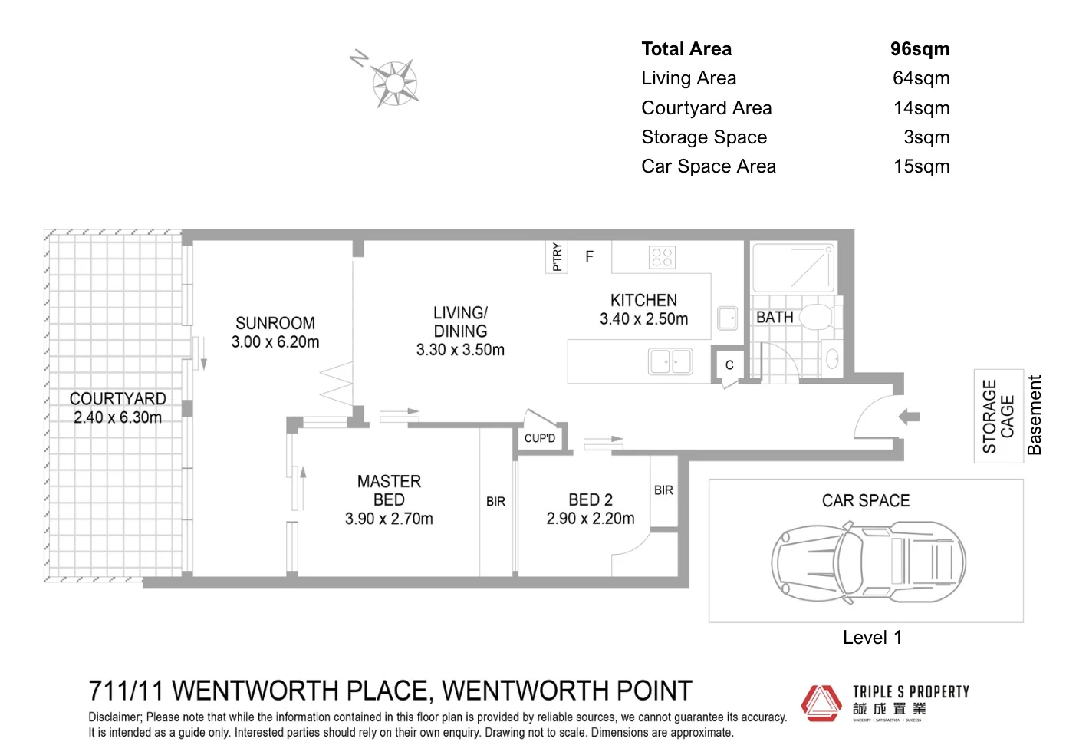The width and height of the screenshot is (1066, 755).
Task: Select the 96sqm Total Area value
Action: point(920,49)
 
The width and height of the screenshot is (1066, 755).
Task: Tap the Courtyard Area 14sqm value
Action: point(921,108)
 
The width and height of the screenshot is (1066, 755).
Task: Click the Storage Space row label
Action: point(704,137)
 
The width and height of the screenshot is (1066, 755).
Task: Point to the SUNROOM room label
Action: point(275,323)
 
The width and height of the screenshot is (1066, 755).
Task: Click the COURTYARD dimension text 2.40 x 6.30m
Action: point(117,417)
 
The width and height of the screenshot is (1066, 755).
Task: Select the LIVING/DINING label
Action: point(460,322)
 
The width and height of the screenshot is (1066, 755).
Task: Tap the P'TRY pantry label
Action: point(557,257)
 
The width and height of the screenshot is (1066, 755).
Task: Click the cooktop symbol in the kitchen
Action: point(661,257)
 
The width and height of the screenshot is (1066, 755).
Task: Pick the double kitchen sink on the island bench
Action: point(670,361)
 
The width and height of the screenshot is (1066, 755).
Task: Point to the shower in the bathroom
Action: point(792,267)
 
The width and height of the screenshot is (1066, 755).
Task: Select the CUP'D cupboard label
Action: point(540,438)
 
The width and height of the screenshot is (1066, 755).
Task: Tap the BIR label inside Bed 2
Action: point(663,490)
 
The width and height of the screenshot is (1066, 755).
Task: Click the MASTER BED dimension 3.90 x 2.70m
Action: point(389,519)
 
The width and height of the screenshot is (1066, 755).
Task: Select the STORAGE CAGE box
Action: point(999,416)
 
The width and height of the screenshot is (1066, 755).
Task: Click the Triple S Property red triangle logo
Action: point(821,702)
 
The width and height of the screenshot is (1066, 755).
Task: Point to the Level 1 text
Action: point(872,638)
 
